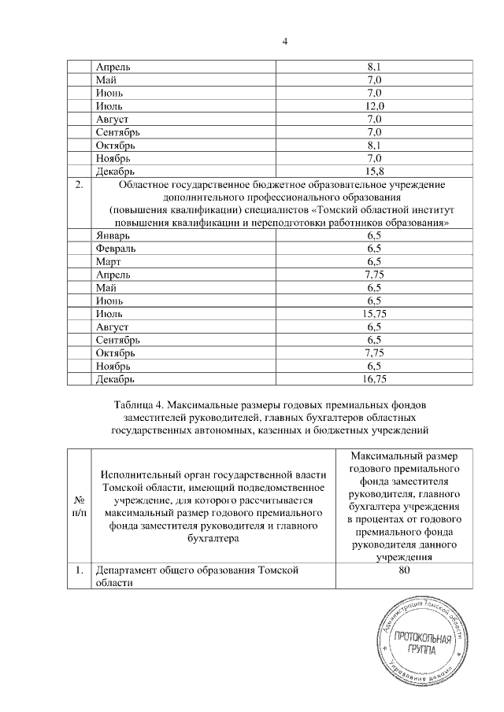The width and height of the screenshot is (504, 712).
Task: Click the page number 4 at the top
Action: coord(286,41)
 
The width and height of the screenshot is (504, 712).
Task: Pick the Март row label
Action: coord(108,261)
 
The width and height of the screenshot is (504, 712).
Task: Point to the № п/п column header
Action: coord(79,506)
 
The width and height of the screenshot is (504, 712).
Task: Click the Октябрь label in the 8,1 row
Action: coord(116,145)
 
